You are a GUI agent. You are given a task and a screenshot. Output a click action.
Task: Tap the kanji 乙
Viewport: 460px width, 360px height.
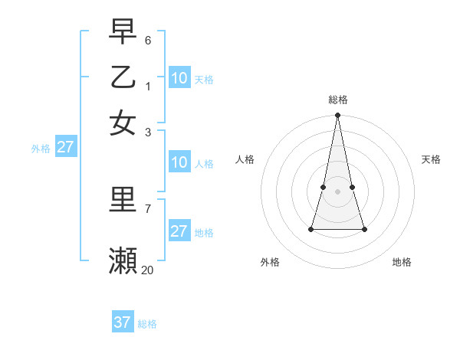[x=123, y=77]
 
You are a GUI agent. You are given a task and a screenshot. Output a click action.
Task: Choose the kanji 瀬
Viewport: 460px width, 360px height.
[x=123, y=260]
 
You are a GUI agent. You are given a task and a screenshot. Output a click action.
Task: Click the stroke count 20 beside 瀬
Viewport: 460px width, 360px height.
[x=148, y=270]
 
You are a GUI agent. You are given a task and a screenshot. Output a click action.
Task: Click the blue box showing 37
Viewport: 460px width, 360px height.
[x=123, y=322]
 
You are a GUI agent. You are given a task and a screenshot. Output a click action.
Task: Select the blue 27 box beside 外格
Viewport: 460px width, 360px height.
[x=65, y=147]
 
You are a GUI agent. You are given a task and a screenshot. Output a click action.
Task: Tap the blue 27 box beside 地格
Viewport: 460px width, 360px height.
[x=179, y=231]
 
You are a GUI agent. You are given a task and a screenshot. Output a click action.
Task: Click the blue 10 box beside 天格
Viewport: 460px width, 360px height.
[x=179, y=78]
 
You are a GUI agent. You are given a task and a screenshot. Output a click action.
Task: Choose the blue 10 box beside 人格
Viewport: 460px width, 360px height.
[x=179, y=162]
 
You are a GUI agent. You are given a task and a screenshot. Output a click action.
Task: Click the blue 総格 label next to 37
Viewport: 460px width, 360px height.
[x=147, y=324]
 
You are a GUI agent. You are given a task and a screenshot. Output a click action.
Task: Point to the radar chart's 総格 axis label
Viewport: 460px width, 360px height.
[x=338, y=100]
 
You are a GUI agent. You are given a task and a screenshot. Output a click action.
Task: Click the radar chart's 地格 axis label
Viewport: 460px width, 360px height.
[x=402, y=262]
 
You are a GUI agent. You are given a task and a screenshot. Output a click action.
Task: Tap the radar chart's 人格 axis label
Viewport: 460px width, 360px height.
[x=245, y=159]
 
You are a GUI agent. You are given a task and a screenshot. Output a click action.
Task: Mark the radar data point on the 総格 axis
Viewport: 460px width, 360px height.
[x=338, y=116]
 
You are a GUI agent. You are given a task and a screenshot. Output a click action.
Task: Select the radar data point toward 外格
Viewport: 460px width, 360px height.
[x=311, y=229]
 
